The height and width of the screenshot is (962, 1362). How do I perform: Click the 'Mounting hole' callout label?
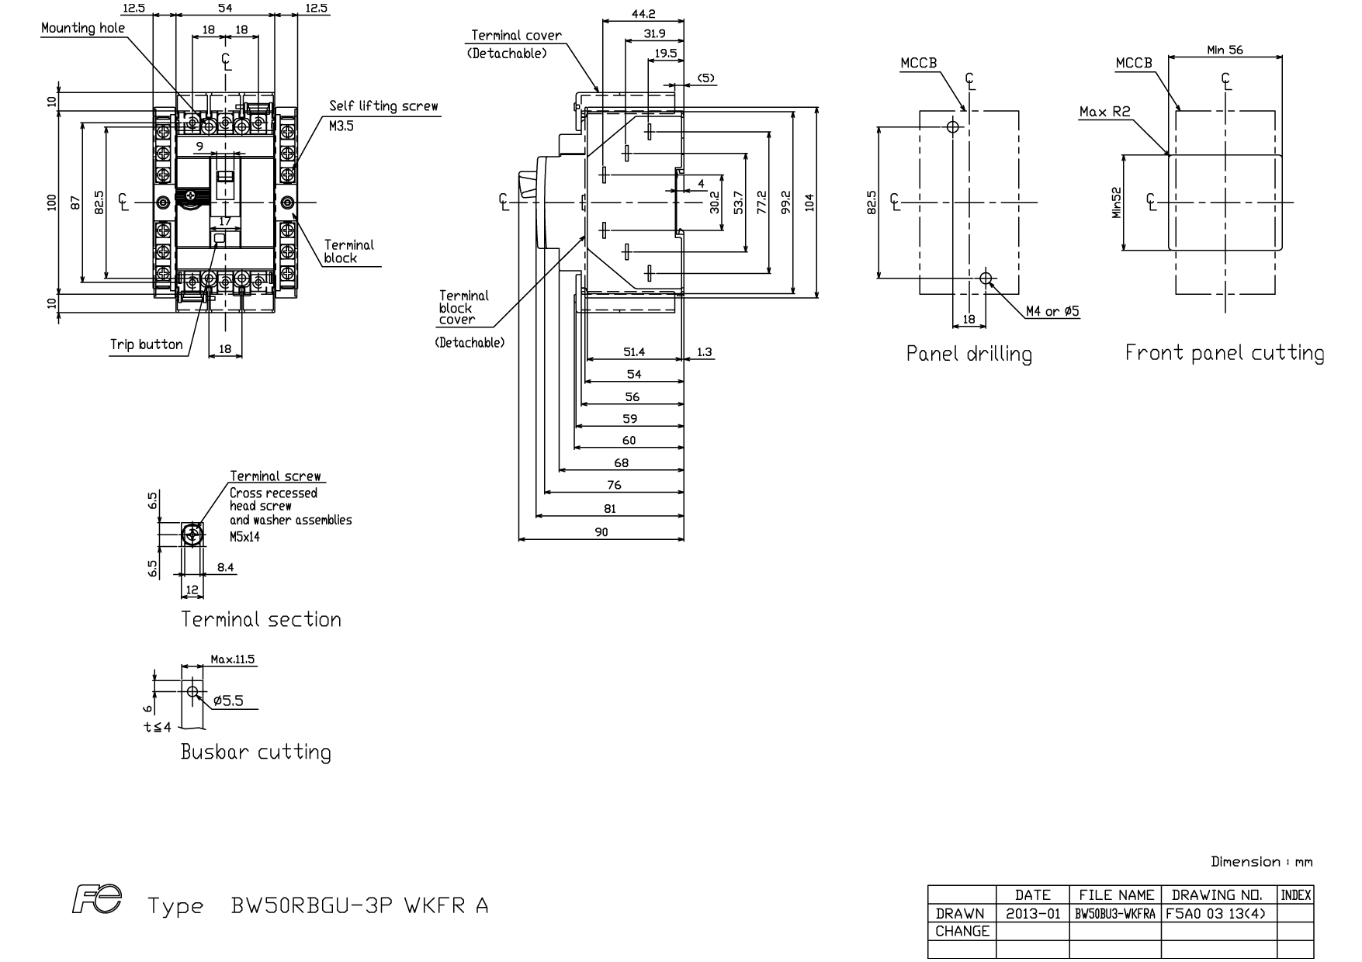pos(83,28)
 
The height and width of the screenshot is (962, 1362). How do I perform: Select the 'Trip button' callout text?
pos(147,344)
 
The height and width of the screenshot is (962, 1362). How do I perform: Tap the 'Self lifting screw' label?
pos(383,106)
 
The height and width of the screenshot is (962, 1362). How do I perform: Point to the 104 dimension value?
pos(810,202)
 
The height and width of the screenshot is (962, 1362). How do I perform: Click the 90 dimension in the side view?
pos(601,531)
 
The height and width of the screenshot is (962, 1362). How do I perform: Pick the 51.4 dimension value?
pos(634,352)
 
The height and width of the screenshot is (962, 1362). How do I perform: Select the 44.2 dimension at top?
pos(643,13)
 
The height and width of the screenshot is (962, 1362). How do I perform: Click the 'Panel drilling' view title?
pos(969,354)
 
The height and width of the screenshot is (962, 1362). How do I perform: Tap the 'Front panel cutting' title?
pos(1225,353)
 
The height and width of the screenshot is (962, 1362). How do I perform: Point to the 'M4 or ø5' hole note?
pos(1052,311)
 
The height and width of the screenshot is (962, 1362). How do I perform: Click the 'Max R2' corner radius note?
pos(1105,112)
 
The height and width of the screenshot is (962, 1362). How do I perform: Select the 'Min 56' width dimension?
pos(1225,50)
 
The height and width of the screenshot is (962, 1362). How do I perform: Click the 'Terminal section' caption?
pos(261,619)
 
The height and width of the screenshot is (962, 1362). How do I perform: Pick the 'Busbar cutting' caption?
pos(255,752)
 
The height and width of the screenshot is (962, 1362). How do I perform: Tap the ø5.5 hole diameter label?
pos(228,701)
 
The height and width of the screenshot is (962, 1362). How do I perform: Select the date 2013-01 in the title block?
pos(1033,914)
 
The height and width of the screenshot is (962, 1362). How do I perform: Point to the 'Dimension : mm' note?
pos(1262,862)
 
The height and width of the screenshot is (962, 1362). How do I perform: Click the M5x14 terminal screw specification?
pos(244,536)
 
